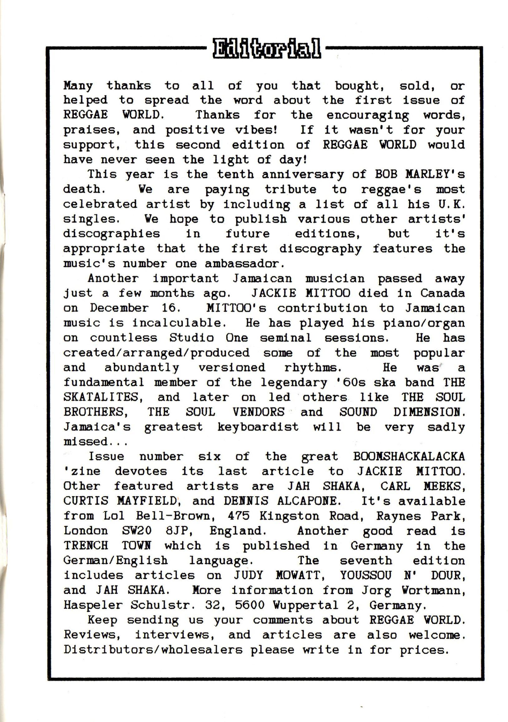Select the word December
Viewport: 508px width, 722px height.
tap(119, 308)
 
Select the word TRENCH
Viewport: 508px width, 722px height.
tap(85, 545)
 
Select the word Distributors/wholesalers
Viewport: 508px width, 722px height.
tap(153, 650)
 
